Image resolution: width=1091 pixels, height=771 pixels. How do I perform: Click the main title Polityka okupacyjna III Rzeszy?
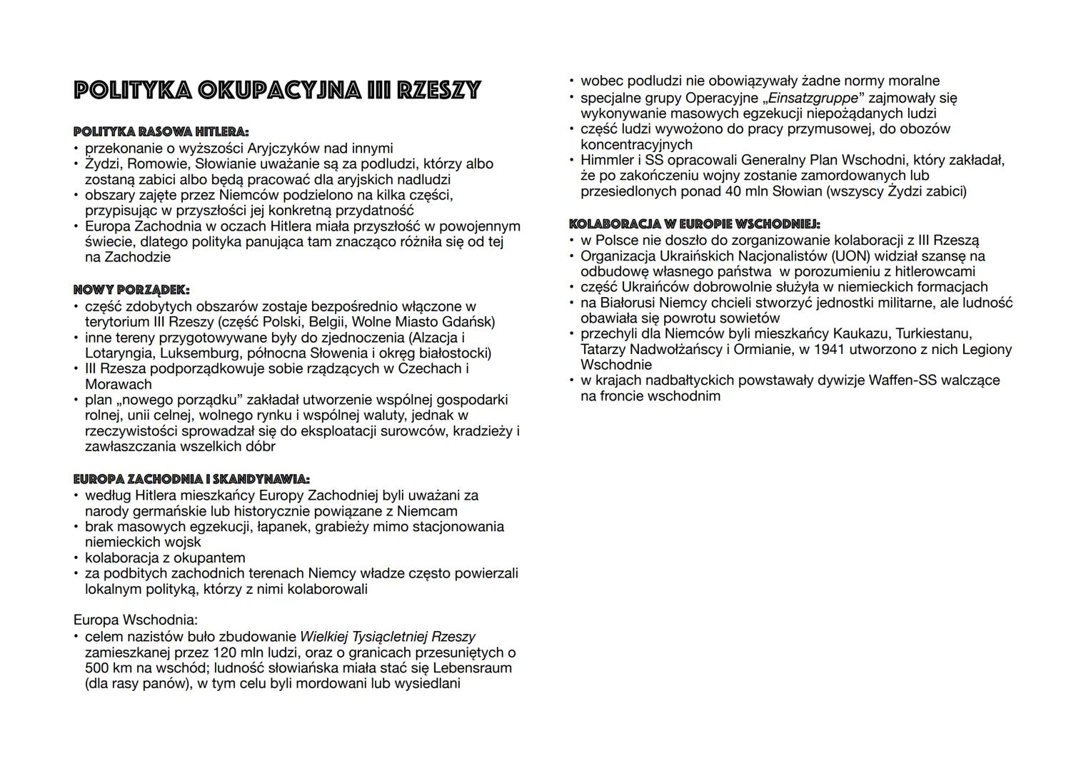point(277,91)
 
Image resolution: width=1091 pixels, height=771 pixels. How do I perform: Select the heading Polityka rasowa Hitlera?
point(161,132)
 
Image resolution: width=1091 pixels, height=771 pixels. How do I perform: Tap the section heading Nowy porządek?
point(131,290)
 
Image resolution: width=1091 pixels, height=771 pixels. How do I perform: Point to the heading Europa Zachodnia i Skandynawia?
point(191,479)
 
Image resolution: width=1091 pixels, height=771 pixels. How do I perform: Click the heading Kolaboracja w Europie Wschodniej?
point(694,224)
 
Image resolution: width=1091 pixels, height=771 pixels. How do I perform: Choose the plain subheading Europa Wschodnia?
point(136,620)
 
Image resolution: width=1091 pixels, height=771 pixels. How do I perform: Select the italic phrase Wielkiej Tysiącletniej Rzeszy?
point(387,637)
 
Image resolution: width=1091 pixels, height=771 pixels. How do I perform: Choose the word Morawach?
point(119,384)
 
